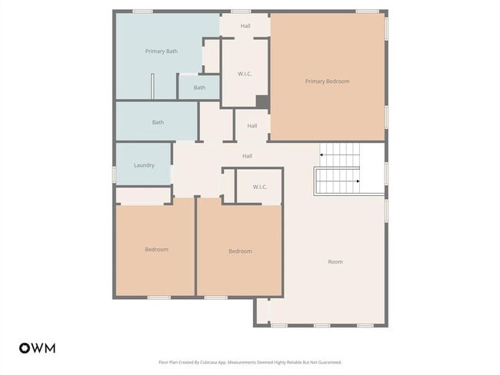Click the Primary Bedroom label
tap(327, 81)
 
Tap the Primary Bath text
tap(162, 51)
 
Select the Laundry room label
tap(144, 165)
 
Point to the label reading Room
tap(335, 262)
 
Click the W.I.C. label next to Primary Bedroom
tap(245, 74)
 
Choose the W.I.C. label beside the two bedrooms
tap(259, 187)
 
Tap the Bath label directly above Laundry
tap(158, 122)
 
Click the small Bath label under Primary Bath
tap(199, 88)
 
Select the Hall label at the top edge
tap(245, 26)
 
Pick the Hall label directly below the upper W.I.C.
tap(252, 126)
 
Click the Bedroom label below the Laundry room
tap(156, 249)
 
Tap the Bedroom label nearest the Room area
tap(239, 251)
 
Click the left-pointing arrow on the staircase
tap(322, 155)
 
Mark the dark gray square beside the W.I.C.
tap(262, 101)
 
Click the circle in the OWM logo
tap(24, 348)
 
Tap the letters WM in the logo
tap(43, 348)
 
